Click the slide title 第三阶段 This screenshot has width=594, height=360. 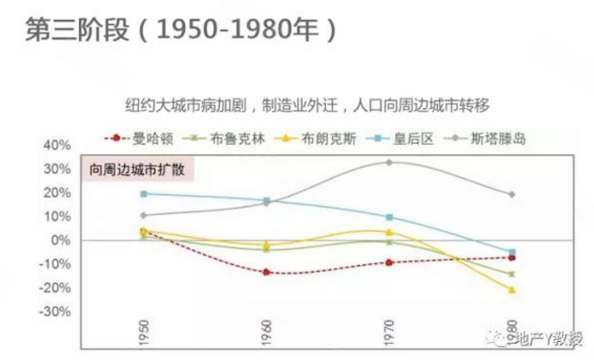click(x=73, y=29)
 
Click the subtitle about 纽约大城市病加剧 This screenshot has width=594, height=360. click(x=309, y=102)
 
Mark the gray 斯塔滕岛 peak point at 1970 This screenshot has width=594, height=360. click(x=388, y=162)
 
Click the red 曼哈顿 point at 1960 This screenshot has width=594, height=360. click(x=266, y=273)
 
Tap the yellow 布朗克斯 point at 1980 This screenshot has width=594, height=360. click(x=511, y=290)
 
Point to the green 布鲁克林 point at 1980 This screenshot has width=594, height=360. click(x=511, y=274)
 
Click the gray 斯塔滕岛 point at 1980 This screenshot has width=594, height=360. click(x=511, y=195)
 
